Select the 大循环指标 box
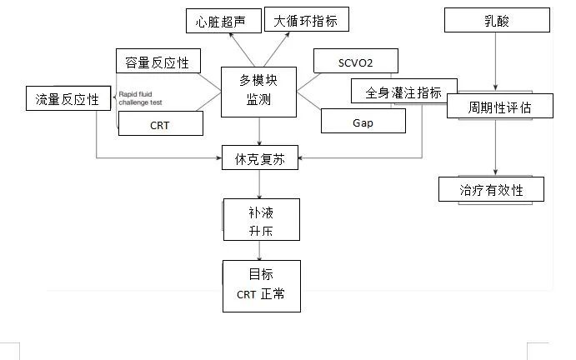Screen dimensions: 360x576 307,20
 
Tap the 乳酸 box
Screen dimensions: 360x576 497,21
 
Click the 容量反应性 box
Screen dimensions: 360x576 157,62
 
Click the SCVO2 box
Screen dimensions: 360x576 355,61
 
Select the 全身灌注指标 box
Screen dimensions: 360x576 403,92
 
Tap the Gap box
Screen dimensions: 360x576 363,122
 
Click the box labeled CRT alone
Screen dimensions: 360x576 161,123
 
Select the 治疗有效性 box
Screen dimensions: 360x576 492,189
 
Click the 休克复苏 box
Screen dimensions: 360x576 259,157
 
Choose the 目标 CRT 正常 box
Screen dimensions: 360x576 261,286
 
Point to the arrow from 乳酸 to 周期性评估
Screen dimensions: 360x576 497,62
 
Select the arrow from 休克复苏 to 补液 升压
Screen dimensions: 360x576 261,183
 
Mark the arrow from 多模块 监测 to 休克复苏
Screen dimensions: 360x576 261,132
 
